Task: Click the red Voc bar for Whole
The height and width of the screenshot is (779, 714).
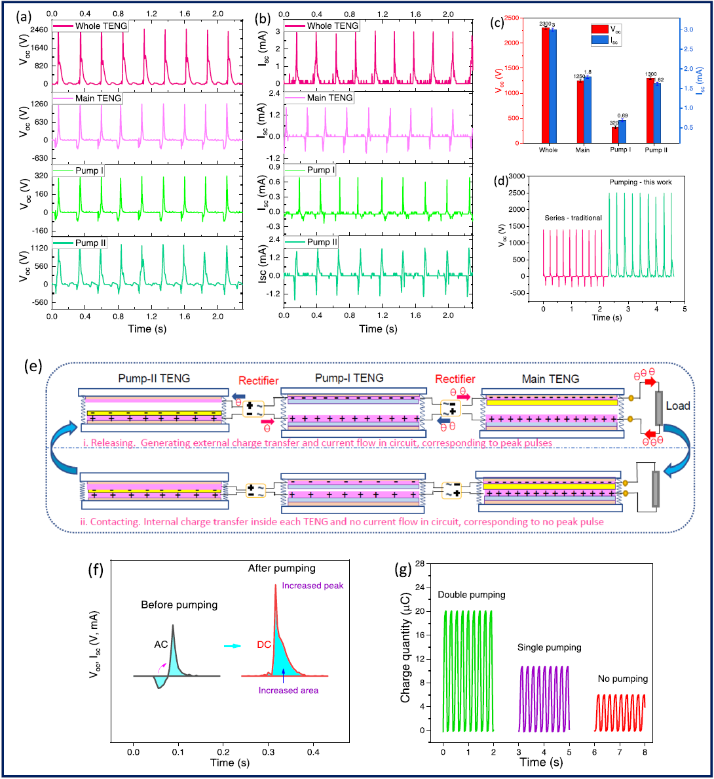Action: click(545, 85)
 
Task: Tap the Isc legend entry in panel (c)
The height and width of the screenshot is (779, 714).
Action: click(615, 41)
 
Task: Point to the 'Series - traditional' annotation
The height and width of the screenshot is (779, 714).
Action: click(573, 218)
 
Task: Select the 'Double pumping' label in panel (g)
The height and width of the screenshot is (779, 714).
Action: click(472, 595)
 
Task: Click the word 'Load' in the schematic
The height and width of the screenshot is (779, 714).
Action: click(678, 406)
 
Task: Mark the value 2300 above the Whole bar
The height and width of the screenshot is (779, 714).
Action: click(546, 24)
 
